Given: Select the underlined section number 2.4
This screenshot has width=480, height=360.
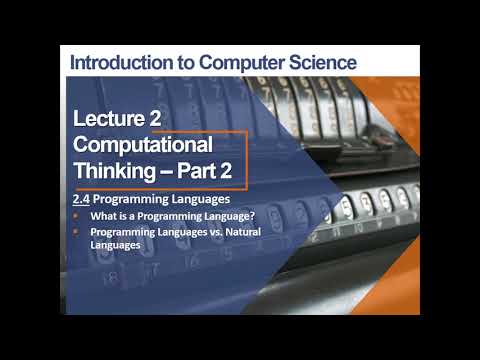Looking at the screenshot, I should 90,199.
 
